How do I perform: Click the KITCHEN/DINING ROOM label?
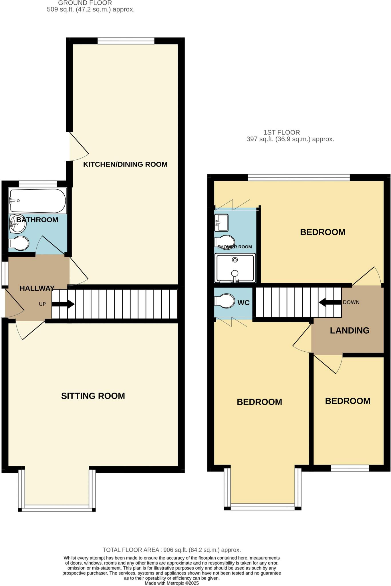[125, 164]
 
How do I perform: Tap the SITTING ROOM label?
[93, 396]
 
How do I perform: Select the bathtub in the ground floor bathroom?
[37, 201]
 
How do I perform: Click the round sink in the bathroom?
[18, 224]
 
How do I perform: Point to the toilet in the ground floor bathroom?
[19, 243]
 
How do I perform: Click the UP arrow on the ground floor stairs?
[63, 304]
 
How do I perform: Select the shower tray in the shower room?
[235, 268]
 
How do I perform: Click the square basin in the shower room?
[221, 222]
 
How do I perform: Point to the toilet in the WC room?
[225, 301]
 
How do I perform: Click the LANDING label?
[350, 330]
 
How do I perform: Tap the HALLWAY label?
[37, 288]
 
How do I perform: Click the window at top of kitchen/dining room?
[126, 41]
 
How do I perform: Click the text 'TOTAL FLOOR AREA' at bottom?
[131, 550]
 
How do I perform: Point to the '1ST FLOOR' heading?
[281, 132]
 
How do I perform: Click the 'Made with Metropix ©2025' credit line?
[172, 583]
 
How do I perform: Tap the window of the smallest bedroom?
[350, 468]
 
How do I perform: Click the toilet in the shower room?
[225, 242]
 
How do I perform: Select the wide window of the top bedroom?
[299, 178]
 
